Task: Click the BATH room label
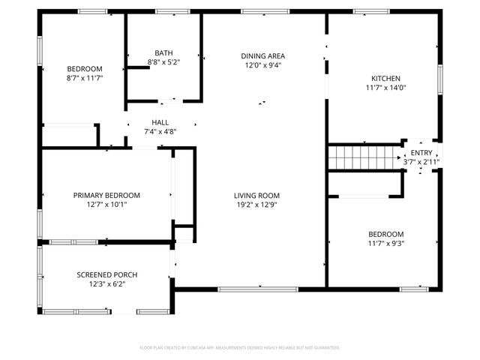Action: point(163,53)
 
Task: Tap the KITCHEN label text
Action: point(386,78)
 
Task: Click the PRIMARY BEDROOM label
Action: point(106,195)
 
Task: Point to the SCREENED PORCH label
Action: point(107,274)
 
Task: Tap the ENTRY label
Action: point(421,153)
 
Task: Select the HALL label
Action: point(160,122)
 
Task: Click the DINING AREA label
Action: point(262,56)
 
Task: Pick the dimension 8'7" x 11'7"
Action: point(85,77)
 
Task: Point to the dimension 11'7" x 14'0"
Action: point(386,87)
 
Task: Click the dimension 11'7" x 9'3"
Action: point(386,242)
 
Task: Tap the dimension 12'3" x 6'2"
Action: point(107,283)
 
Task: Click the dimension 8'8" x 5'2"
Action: point(163,62)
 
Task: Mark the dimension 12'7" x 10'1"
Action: point(106,204)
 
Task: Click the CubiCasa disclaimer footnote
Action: point(240,348)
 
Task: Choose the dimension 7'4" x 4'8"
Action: point(160,131)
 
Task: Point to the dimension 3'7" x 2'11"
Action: point(421,161)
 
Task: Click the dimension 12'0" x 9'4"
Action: point(262,65)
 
